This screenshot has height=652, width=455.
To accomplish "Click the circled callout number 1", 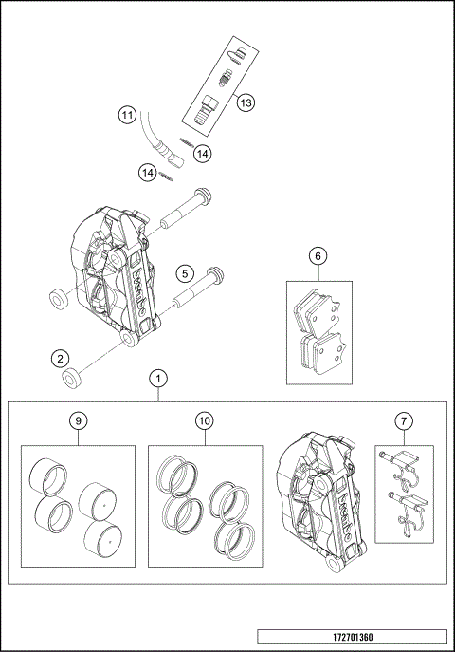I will [159, 378].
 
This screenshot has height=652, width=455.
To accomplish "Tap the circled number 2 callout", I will [60, 359].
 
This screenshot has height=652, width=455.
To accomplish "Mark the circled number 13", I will [245, 102].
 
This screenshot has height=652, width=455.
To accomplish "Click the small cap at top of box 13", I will [240, 54].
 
